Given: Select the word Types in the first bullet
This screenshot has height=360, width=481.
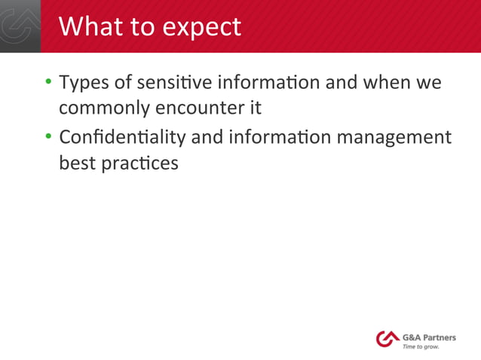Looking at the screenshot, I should [84, 82].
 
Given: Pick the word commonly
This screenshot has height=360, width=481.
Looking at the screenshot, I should [105, 108].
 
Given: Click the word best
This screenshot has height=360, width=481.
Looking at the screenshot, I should [77, 163].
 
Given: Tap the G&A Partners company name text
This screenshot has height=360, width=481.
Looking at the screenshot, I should [429, 337].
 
